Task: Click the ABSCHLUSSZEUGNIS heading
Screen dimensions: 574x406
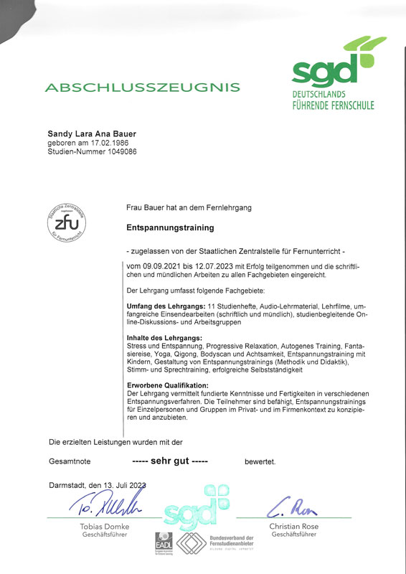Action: (142, 88)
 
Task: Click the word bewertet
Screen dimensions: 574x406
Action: (260, 461)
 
